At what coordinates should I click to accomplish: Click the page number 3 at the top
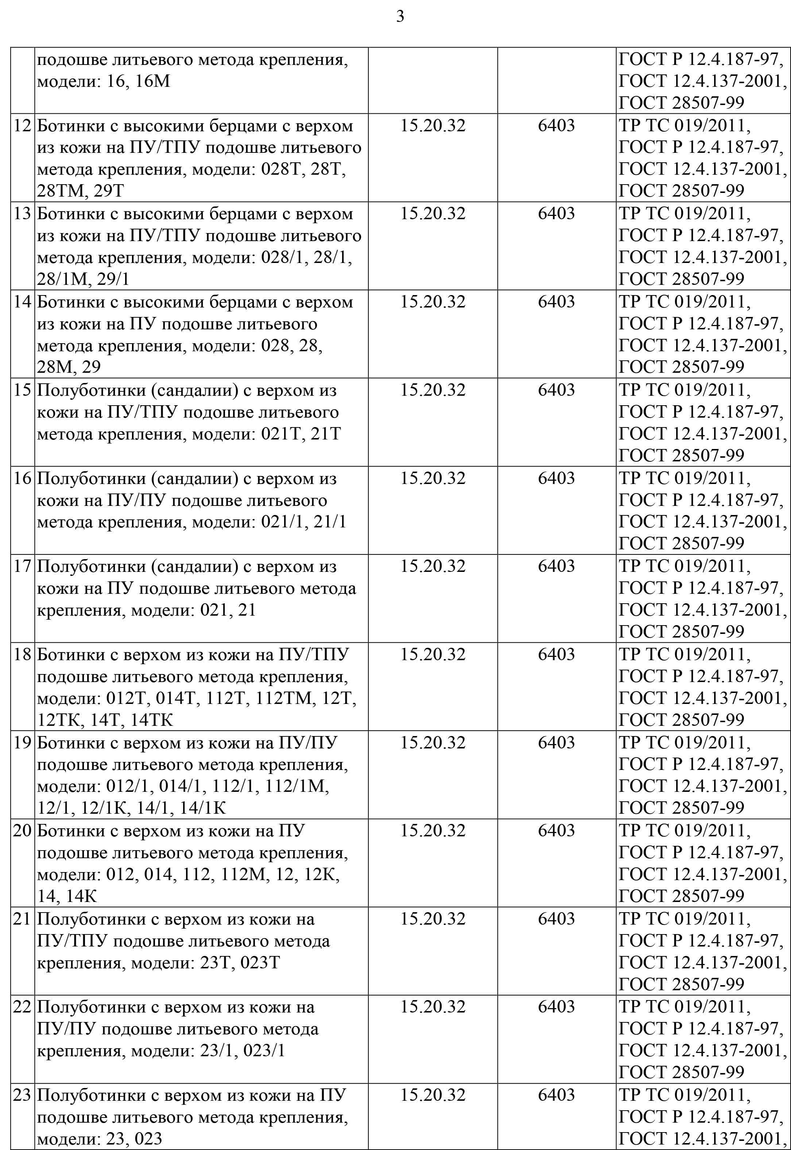tap(400, 17)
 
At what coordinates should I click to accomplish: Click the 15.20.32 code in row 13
tap(433, 214)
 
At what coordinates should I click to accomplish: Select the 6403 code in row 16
tap(556, 478)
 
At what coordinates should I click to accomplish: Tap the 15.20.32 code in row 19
tap(433, 743)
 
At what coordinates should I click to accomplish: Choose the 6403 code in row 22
tap(556, 1007)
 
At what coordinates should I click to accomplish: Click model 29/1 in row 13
tap(113, 279)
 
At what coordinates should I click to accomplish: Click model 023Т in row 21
tap(260, 963)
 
